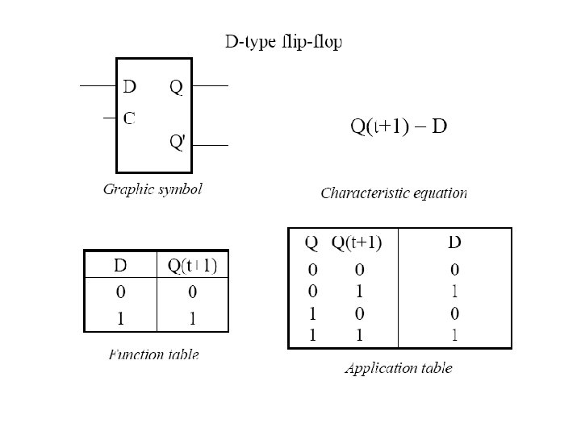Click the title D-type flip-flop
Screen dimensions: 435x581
(282, 42)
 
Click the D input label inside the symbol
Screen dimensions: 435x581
(129, 85)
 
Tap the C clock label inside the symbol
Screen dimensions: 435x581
(129, 118)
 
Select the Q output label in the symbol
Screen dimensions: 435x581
(176, 86)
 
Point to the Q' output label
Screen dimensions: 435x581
(178, 143)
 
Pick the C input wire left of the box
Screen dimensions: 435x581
(110, 118)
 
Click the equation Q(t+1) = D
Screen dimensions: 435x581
(399, 126)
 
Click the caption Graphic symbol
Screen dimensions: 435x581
(153, 190)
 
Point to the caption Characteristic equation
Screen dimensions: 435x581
(394, 193)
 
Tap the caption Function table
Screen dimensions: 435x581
(153, 354)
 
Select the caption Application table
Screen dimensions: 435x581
(399, 369)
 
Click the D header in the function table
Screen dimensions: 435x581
(119, 266)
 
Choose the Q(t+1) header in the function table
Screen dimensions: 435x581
(192, 266)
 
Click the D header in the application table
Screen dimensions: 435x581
(455, 242)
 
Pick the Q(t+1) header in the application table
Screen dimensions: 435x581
(357, 242)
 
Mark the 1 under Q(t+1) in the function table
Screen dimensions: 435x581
(192, 318)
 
